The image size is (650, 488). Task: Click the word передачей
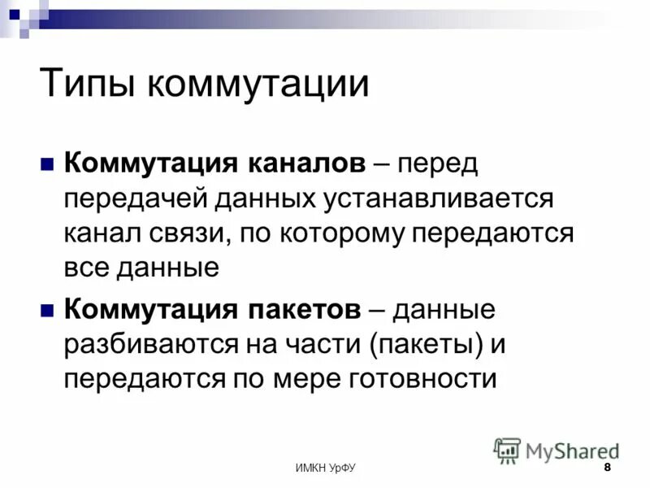click(134, 198)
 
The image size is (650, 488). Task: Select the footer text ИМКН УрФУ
click(325, 469)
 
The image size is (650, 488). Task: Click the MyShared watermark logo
click(557, 450)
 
